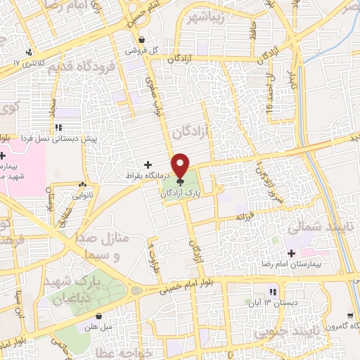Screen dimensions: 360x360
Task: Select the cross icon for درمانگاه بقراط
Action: point(148,164)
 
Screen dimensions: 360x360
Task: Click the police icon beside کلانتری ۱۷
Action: point(29,51)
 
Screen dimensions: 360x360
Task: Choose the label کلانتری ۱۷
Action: point(28,63)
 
